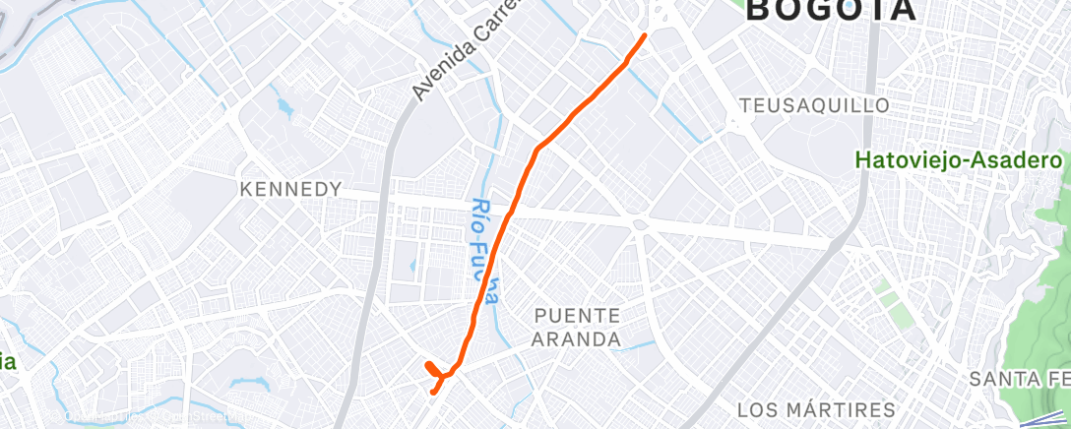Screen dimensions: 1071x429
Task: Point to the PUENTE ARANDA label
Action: [578, 328]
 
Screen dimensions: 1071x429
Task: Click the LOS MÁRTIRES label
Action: [816, 409]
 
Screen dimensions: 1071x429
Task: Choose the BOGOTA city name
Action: [832, 10]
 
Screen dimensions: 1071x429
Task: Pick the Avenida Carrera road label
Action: [463, 54]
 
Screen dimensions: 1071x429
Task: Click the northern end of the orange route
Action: [645, 35]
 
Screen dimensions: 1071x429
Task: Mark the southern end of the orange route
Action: [434, 392]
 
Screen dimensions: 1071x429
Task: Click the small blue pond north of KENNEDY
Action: [284, 104]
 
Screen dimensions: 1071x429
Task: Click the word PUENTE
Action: [578, 316]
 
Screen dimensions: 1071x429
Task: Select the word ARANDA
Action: [578, 339]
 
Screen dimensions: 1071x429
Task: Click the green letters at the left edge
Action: [8, 362]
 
